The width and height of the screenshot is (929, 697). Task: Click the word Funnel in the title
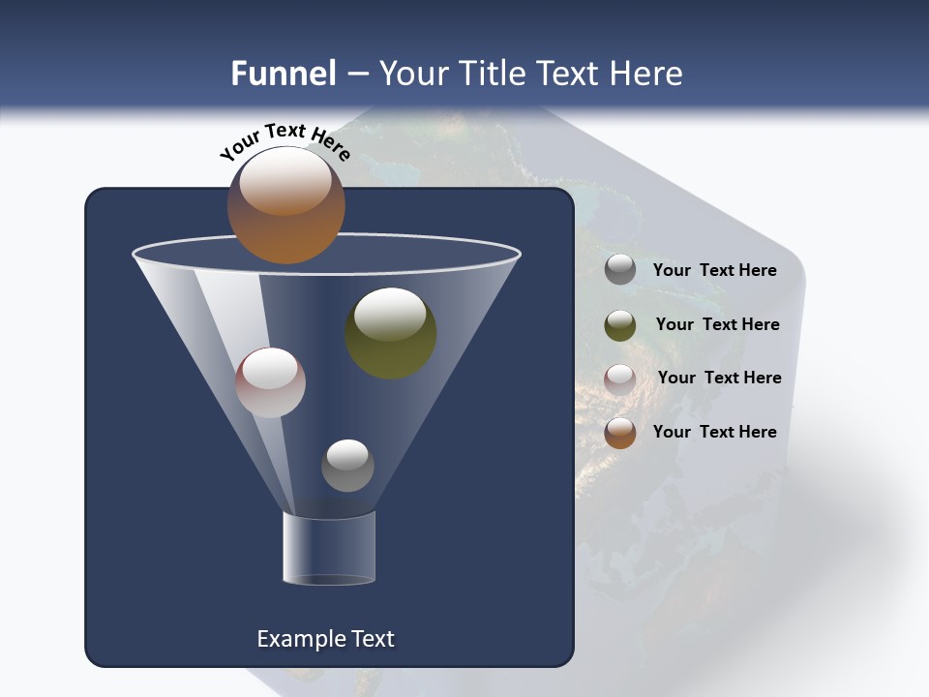284,73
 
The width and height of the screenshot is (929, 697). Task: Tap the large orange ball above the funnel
286,205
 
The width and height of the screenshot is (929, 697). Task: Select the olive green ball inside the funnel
391,333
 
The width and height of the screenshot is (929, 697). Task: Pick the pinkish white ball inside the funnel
270,382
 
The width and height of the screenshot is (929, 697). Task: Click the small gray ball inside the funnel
347,465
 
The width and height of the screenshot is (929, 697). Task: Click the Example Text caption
325,639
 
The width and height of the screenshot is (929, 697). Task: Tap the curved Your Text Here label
285,141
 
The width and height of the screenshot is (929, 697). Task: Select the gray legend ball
620,270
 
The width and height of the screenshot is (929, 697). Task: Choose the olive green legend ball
620,325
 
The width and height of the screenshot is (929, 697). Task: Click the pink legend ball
620,379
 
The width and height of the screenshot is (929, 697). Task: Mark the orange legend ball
620,433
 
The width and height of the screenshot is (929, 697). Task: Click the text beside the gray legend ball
714,270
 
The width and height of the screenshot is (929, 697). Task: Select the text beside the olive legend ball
717,324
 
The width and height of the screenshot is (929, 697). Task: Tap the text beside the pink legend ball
719,378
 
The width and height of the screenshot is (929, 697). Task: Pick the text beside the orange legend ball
714,432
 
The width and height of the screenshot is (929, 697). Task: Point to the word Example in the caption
294,639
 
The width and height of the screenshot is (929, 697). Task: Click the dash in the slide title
356,74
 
